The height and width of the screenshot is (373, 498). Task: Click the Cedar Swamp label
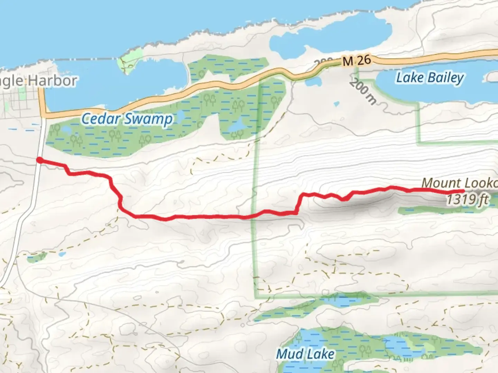tap(127, 119)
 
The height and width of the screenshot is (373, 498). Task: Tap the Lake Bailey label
tap(430, 78)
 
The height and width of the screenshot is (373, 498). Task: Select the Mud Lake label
tap(305, 354)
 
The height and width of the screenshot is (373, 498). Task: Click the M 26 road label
tap(357, 61)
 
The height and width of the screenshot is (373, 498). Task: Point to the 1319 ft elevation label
tap(467, 200)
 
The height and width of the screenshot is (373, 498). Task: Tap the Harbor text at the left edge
tap(52, 81)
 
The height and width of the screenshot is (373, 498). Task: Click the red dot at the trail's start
tap(40, 160)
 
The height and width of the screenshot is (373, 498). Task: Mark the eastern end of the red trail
tap(463, 191)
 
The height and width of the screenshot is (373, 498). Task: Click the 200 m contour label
tap(362, 92)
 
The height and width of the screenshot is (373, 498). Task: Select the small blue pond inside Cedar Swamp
tap(237, 126)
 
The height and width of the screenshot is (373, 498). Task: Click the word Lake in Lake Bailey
tap(410, 78)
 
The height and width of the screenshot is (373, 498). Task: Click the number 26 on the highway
tap(364, 60)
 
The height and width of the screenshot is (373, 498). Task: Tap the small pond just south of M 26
tap(313, 83)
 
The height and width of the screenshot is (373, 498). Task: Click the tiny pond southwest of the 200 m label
tap(336, 104)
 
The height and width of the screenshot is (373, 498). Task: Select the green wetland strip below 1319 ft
tap(439, 210)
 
